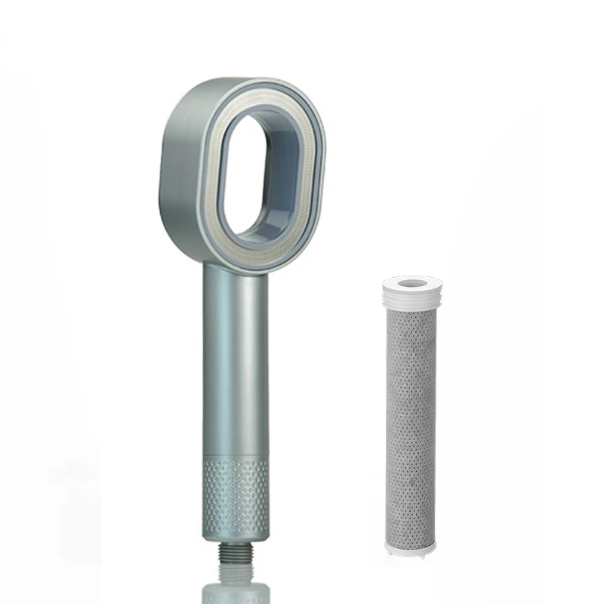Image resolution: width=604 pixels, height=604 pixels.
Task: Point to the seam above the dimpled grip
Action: tap(236, 453)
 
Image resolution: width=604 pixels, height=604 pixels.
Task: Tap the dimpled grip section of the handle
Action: tap(236, 491)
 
